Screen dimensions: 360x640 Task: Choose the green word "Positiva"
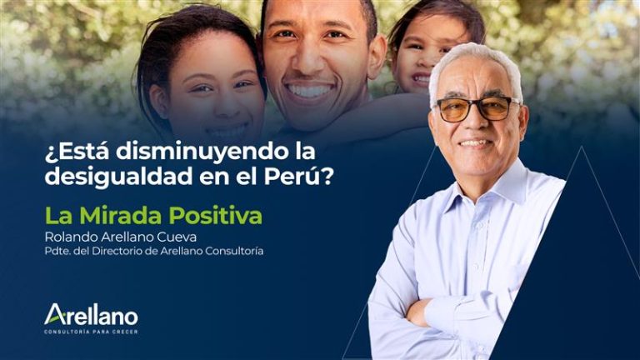(x=216, y=216)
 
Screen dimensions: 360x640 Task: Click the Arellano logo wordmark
(x=91, y=315)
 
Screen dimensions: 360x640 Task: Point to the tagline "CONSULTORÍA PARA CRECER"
(x=91, y=332)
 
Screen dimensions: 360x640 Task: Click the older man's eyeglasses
(x=475, y=108)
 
